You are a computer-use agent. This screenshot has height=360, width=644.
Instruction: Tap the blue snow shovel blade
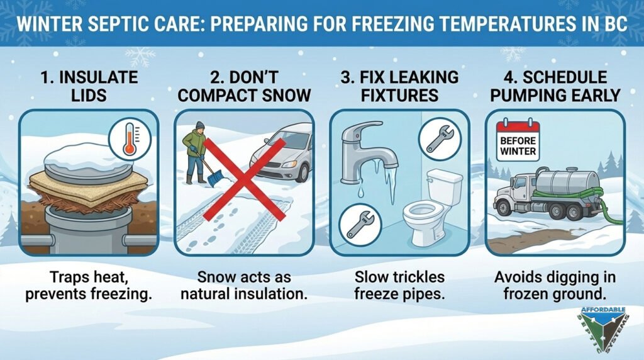(x=215, y=179)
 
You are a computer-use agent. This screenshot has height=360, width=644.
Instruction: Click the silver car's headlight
(x=288, y=164)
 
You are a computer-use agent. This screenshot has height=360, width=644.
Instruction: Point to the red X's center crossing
(x=245, y=179)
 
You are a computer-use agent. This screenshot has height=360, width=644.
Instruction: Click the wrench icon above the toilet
(x=440, y=139)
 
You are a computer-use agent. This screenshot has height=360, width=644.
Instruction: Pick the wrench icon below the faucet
(x=360, y=225)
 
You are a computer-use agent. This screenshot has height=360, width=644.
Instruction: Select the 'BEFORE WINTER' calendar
(x=518, y=140)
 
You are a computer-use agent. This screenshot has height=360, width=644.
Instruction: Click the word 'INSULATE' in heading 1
(x=89, y=77)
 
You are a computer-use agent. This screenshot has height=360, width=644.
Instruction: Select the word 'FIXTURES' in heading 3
(x=399, y=95)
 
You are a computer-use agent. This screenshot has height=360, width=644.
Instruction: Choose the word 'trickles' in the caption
(x=418, y=276)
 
